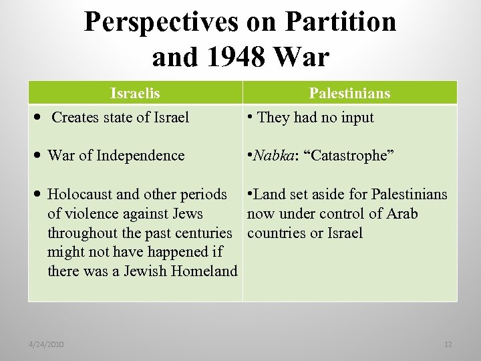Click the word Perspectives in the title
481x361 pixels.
pos(160,23)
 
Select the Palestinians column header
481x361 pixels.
pos(349,93)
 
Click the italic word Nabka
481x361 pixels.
pos(273,156)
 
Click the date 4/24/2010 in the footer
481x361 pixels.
pos(46,344)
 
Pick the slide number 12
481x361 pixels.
pos(448,344)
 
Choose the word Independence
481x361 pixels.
pos(140,156)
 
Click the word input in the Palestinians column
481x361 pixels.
pos(356,118)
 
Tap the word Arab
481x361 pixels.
pos(402,214)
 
